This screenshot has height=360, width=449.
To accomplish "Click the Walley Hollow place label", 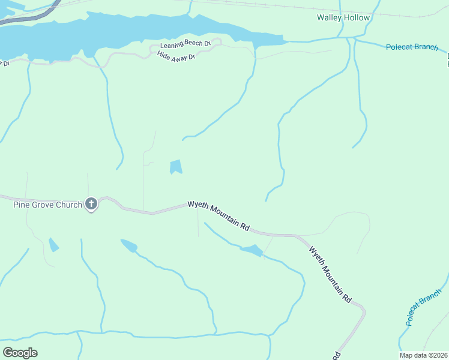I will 343,17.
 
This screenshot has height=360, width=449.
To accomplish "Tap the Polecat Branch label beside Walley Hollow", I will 412,47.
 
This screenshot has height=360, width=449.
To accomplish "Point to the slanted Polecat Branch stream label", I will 423,307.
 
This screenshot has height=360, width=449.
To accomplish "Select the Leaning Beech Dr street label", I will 185,45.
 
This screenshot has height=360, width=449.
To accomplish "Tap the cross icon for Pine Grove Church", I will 91,205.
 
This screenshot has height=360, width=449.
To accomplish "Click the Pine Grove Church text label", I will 47,205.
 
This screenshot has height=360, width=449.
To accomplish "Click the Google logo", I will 20,352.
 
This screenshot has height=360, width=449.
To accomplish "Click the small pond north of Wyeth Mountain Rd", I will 175,166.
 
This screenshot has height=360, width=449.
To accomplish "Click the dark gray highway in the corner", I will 30,16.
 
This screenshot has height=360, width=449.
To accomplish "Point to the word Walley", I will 330,17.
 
